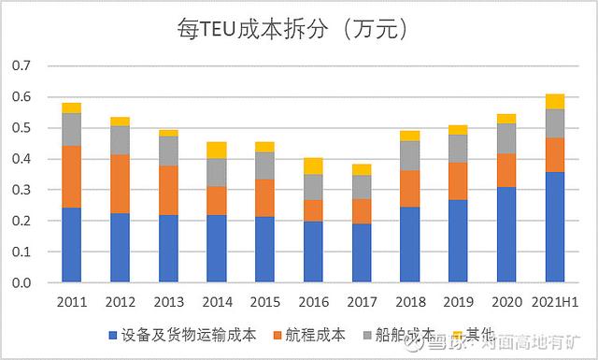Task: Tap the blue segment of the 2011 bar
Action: tap(71, 244)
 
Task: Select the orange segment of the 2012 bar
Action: tap(120, 184)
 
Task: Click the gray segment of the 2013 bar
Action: tap(168, 151)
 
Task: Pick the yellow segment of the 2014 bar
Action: tap(216, 150)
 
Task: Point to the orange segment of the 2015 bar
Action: tap(264, 198)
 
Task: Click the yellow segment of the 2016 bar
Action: tap(313, 166)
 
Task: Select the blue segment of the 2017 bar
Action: tap(362, 252)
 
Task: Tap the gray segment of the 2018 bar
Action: tap(410, 155)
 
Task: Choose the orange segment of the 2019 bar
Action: tap(458, 180)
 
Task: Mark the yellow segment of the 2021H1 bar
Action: tap(555, 101)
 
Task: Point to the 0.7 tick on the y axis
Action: tap(21, 66)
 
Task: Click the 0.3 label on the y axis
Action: tap(21, 190)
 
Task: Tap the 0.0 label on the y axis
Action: tap(21, 282)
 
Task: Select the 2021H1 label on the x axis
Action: tap(555, 301)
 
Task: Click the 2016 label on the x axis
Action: tap(313, 301)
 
